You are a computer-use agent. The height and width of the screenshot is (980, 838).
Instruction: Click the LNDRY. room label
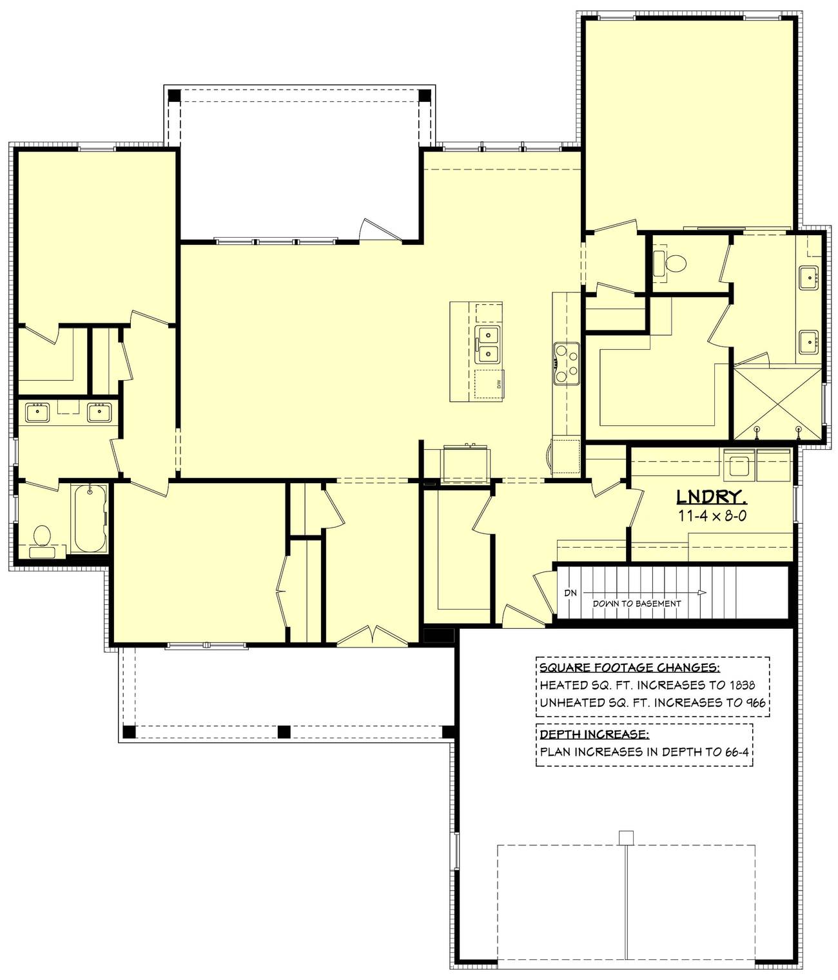[711, 497]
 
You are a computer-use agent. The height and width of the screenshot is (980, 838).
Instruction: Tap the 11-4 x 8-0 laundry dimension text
[712, 515]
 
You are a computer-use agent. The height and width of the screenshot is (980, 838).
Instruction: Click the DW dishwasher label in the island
[498, 384]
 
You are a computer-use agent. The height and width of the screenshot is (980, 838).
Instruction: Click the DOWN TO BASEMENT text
[636, 604]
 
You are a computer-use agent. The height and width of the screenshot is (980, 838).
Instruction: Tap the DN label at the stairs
[570, 593]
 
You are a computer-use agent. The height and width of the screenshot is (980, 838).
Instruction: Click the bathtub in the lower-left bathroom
[90, 519]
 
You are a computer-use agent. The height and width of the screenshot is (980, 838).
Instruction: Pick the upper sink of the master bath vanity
[809, 278]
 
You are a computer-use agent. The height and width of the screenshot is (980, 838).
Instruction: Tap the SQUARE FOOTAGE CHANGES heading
[629, 668]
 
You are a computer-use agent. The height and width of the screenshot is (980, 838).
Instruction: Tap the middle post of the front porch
[284, 731]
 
